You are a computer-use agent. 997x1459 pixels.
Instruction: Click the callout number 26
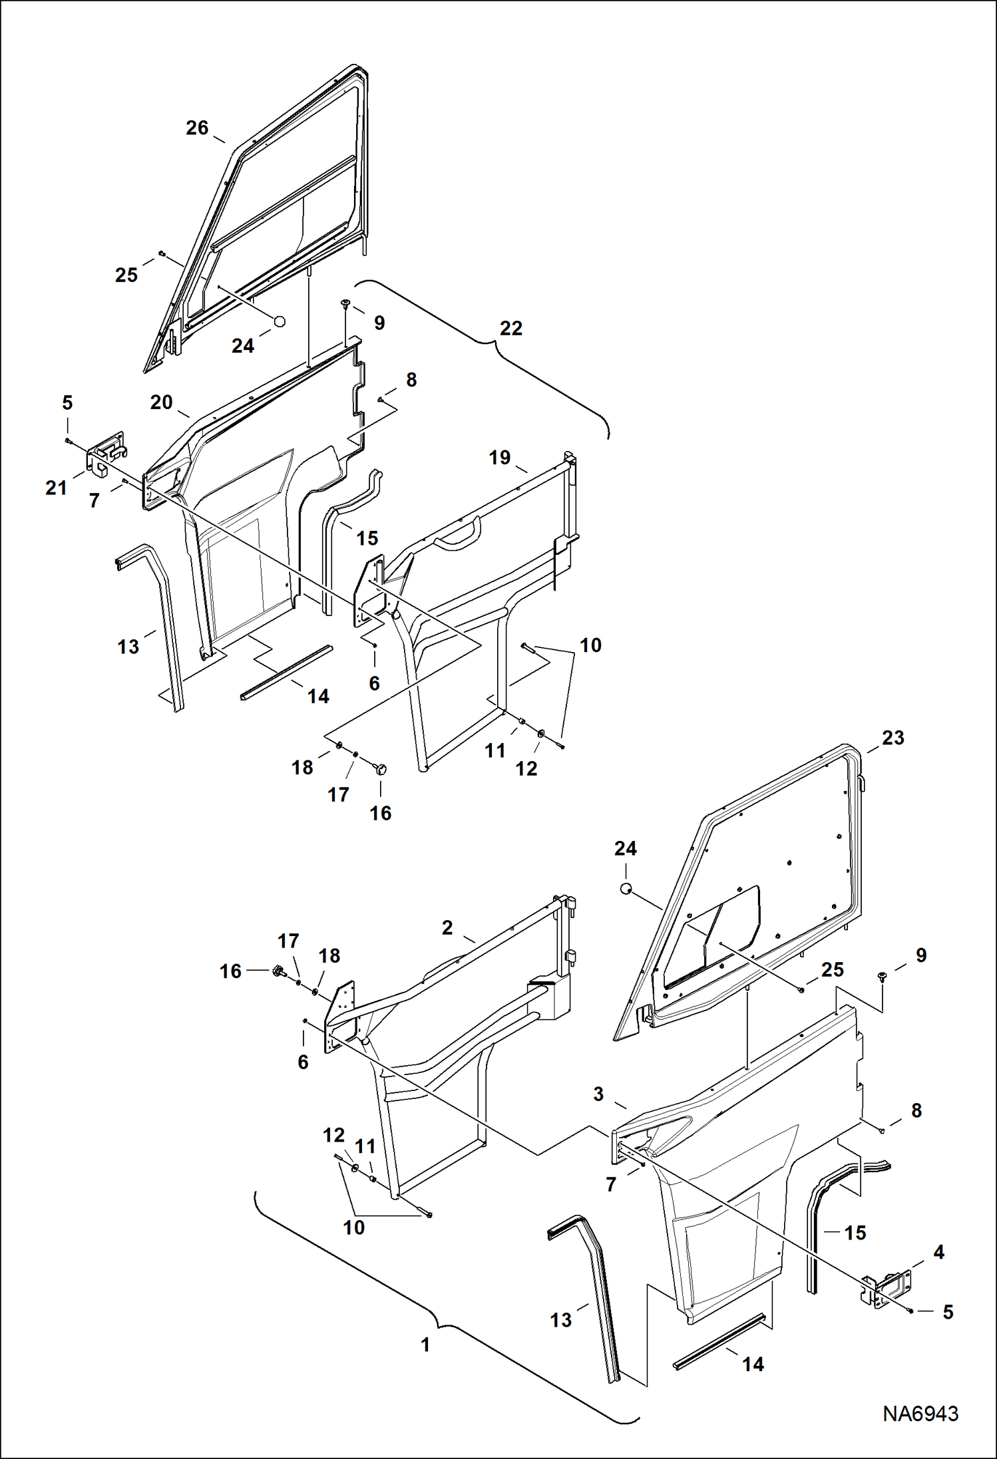pyautogui.click(x=197, y=128)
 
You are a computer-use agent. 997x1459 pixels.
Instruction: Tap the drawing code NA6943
pyautogui.click(x=920, y=1413)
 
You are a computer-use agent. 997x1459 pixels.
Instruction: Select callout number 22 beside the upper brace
pyautogui.click(x=510, y=328)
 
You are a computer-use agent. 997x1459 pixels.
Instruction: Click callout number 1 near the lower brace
pyautogui.click(x=425, y=1345)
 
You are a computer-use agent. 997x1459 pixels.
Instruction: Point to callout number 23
pyautogui.click(x=893, y=737)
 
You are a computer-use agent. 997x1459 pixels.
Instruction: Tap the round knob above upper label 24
pyautogui.click(x=280, y=321)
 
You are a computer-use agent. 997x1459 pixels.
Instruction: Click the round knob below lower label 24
pyautogui.click(x=625, y=888)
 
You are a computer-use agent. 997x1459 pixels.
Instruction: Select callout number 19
pyautogui.click(x=499, y=457)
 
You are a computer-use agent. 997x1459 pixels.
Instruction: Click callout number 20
pyautogui.click(x=161, y=402)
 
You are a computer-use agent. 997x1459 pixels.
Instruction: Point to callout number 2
pyautogui.click(x=447, y=927)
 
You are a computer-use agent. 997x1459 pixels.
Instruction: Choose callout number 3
pyautogui.click(x=598, y=1094)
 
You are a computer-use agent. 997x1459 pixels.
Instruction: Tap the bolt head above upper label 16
pyautogui.click(x=381, y=769)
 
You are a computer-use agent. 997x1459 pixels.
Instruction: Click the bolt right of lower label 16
pyautogui.click(x=278, y=971)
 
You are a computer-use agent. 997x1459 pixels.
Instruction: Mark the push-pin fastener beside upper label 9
pyautogui.click(x=345, y=303)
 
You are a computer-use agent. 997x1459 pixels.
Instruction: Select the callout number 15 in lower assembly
pyautogui.click(x=855, y=1233)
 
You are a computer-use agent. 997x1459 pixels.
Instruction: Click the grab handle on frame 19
pyautogui.click(x=457, y=536)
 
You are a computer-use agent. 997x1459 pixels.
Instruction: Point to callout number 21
pyautogui.click(x=56, y=488)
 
